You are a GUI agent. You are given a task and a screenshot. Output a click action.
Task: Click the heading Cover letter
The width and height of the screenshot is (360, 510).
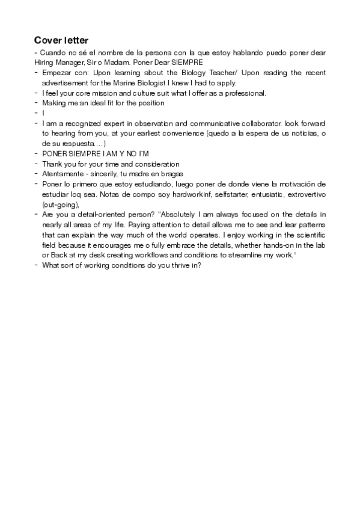62,40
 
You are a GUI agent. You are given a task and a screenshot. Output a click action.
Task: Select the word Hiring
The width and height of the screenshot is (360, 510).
44,63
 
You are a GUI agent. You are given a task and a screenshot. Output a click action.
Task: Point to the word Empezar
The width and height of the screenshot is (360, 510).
56,73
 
